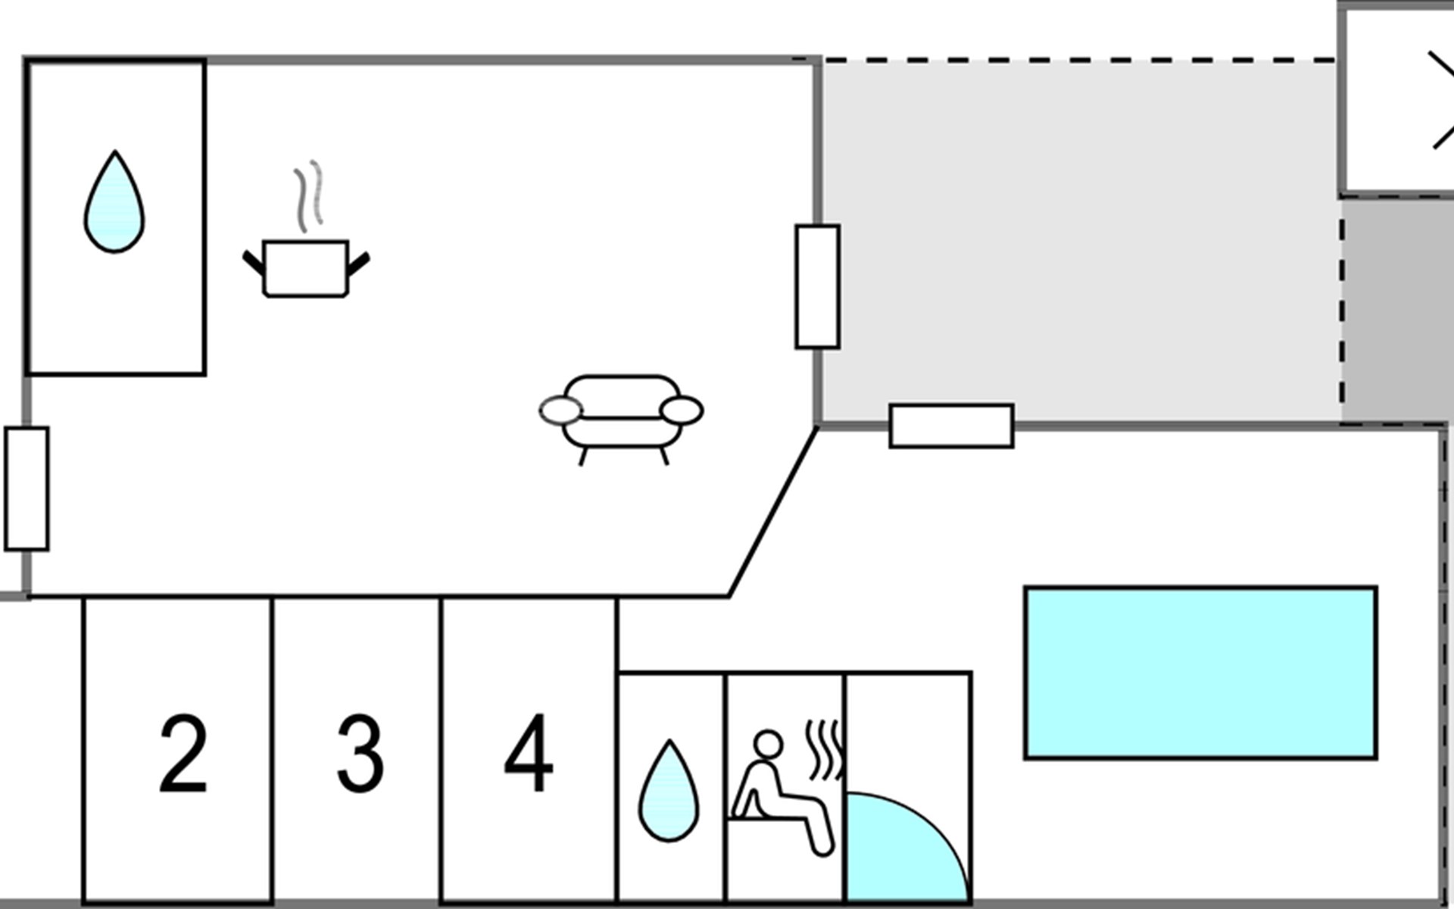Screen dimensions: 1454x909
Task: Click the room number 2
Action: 183,754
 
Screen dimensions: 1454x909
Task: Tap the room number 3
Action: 360,754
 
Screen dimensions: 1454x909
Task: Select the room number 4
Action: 529,752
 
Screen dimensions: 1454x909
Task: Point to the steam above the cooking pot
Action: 308,195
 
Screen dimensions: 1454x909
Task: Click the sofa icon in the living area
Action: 621,419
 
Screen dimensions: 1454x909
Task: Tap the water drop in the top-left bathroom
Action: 114,202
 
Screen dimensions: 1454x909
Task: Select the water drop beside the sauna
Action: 669,791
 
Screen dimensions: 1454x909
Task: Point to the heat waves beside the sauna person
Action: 824,750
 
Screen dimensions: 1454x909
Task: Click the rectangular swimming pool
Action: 1200,673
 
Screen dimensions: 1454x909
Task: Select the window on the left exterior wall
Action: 27,489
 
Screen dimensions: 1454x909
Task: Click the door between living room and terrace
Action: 818,286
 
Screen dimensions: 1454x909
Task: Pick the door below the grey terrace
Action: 951,426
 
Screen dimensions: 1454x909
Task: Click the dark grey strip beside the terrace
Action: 1397,311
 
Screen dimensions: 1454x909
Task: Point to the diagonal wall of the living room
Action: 773,512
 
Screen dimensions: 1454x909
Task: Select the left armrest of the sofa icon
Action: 561,411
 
